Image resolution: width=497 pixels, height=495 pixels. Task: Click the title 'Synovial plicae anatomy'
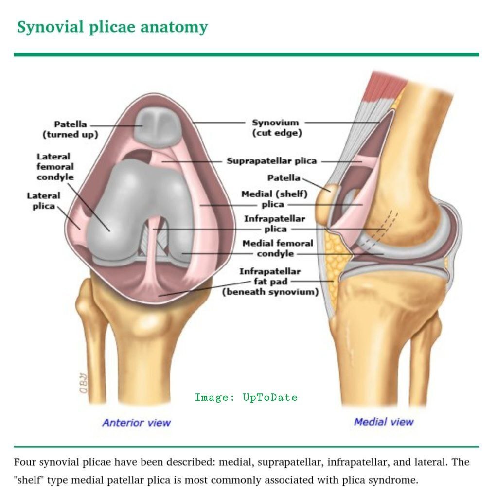(x=112, y=27)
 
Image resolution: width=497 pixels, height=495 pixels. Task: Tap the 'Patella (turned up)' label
(x=70, y=129)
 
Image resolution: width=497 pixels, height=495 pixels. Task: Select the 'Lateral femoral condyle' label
(x=55, y=167)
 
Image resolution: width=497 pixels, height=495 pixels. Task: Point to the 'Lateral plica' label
(x=43, y=201)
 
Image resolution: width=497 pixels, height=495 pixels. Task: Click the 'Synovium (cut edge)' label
(x=276, y=128)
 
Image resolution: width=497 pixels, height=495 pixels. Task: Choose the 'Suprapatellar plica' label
(x=271, y=161)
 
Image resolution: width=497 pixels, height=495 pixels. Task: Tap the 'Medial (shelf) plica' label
(x=274, y=199)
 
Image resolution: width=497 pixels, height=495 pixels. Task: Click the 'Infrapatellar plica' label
(x=275, y=224)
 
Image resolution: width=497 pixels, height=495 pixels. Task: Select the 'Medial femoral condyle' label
(x=277, y=248)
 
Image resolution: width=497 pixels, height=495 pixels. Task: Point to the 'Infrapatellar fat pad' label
(x=270, y=282)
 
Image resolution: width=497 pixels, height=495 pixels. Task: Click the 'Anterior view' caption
(x=136, y=423)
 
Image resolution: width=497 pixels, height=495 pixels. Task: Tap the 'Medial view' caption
(x=384, y=422)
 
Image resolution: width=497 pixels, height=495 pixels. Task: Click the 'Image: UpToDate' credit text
(x=246, y=397)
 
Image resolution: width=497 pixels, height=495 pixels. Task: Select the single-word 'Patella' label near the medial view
(x=283, y=178)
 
